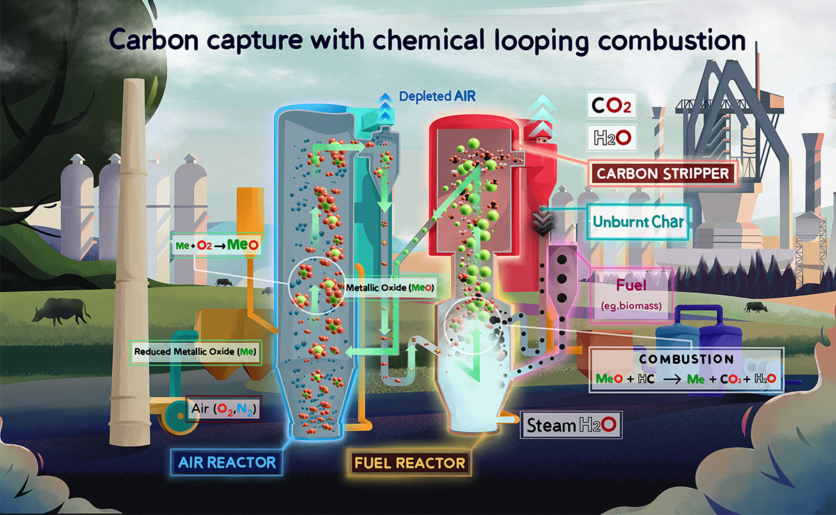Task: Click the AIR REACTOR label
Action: (227, 461)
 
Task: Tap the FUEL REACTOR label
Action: (410, 462)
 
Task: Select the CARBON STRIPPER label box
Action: (663, 173)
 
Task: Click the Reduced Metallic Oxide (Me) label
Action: (196, 351)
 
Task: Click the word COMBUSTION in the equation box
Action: (686, 360)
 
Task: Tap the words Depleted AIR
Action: (437, 97)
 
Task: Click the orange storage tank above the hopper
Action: (249, 209)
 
